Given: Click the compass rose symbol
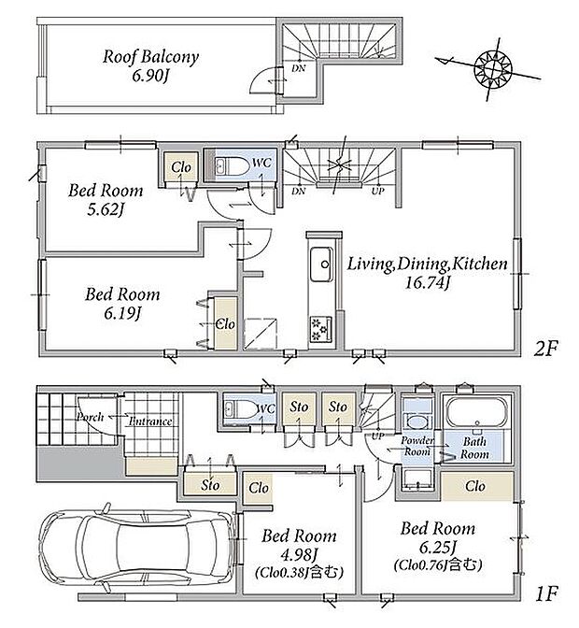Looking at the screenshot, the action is [492, 68].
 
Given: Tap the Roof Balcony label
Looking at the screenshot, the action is [150, 57].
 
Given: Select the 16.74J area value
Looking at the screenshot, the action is [427, 283].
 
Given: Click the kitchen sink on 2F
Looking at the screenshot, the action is [320, 264].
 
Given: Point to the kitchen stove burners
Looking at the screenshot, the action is [321, 329].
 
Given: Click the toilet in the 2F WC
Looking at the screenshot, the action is [232, 165].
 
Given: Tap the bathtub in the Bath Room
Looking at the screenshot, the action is [476, 412].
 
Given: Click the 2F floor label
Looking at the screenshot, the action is [545, 349].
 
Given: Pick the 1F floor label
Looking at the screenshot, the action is [545, 593].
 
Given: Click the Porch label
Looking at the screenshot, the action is [91, 417].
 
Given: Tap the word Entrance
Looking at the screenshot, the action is [150, 421].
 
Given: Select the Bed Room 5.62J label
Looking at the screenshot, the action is [106, 199].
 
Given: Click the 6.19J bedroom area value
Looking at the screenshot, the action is [122, 314].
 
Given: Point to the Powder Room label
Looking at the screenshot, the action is [417, 446].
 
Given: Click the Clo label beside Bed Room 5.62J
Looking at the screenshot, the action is [181, 167].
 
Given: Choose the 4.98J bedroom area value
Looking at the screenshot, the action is [299, 554].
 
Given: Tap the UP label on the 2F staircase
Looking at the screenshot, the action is [377, 191].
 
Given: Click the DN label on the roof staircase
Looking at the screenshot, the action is [298, 68].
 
